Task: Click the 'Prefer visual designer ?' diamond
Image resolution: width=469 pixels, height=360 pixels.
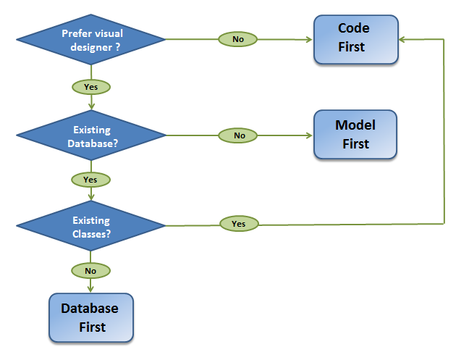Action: pyautogui.click(x=91, y=39)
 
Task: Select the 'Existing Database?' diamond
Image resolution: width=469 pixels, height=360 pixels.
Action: pyautogui.click(x=91, y=136)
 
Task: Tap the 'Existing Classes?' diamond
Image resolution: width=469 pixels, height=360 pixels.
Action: pyautogui.click(x=91, y=226)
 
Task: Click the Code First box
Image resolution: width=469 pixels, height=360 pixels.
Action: pyautogui.click(x=355, y=38)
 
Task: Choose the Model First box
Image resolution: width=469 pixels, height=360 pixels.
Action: pyautogui.click(x=355, y=135)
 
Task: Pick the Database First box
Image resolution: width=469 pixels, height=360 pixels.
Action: pyautogui.click(x=91, y=318)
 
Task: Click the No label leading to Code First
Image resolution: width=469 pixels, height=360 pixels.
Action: pyautogui.click(x=238, y=39)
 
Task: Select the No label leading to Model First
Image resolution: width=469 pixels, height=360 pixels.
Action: pyautogui.click(x=240, y=135)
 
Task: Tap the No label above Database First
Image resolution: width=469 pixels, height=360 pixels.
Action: pyautogui.click(x=90, y=271)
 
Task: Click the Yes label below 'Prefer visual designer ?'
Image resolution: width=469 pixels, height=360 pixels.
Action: pyautogui.click(x=90, y=87)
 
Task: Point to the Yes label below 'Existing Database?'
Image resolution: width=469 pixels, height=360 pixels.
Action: pyautogui.click(x=90, y=179)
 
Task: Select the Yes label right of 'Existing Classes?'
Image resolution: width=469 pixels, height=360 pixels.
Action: pyautogui.click(x=239, y=224)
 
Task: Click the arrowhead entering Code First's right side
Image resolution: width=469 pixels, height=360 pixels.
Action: pyautogui.click(x=403, y=39)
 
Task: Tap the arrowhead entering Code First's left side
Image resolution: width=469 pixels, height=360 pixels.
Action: pyautogui.click(x=309, y=39)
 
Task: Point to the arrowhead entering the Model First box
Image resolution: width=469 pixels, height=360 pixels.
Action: pyautogui.click(x=309, y=135)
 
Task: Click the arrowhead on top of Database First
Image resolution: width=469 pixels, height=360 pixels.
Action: pyautogui.click(x=90, y=289)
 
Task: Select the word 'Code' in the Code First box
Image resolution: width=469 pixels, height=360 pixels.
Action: pyautogui.click(x=354, y=29)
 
